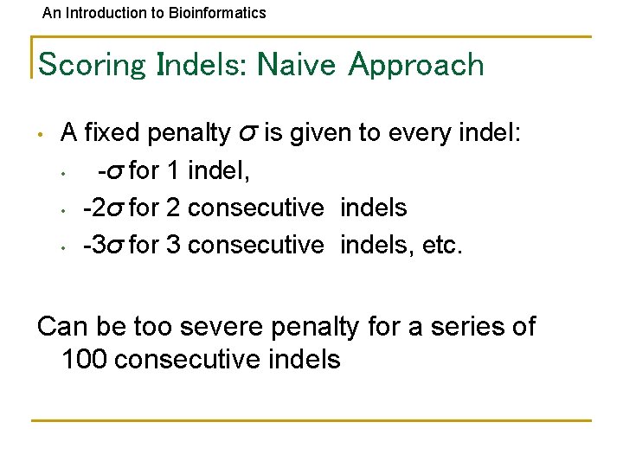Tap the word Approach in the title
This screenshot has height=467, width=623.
tap(416, 65)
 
